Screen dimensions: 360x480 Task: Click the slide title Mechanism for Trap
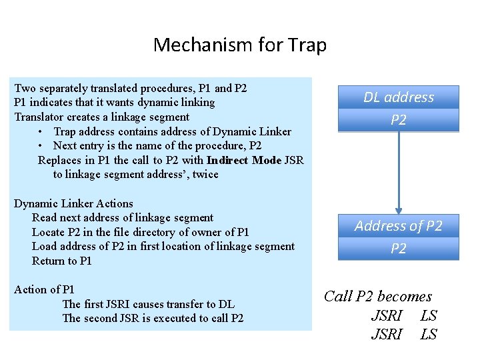click(240, 45)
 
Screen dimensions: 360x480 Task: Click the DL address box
click(399, 97)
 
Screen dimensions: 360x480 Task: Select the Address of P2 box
click(399, 226)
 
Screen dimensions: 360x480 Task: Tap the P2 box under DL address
click(399, 120)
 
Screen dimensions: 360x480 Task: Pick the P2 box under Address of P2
click(399, 249)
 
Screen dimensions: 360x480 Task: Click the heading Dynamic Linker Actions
click(73, 204)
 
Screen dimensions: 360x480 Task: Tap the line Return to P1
click(61, 261)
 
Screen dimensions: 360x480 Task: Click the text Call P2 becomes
click(378, 297)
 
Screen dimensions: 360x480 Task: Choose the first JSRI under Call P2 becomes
click(387, 315)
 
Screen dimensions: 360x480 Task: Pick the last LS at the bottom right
click(429, 334)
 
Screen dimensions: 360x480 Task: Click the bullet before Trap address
click(41, 131)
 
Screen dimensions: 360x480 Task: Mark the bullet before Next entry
click(41, 146)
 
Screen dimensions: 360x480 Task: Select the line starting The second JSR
click(153, 318)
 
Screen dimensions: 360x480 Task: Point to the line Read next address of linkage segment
click(123, 218)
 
